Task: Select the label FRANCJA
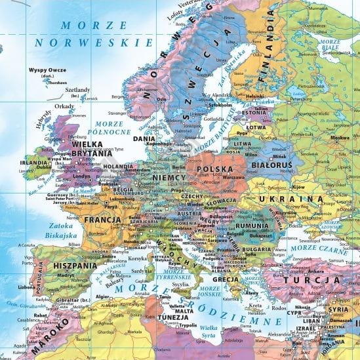click(102, 219)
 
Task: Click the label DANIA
click(144, 139)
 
